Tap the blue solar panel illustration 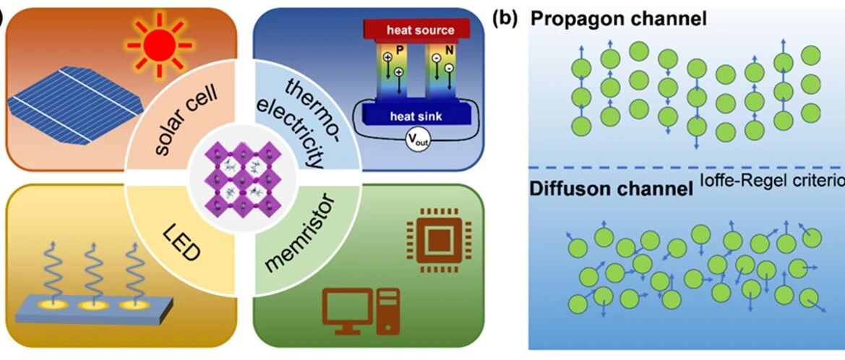[75, 105]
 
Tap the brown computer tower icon [388, 312]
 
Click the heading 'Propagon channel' [618, 20]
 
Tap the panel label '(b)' [505, 19]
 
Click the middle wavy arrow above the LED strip [94, 274]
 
